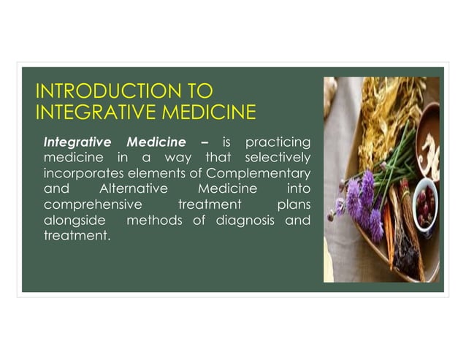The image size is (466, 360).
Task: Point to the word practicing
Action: coord(278,141)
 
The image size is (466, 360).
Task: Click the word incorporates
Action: coord(80,173)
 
